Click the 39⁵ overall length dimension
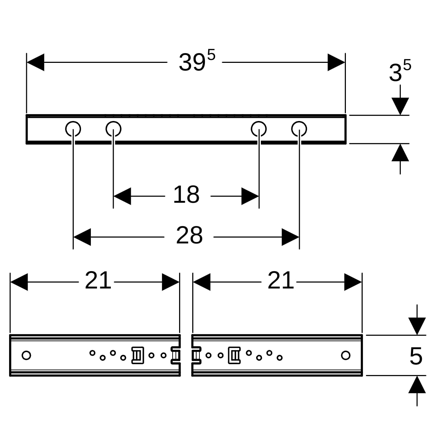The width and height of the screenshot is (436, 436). click(x=197, y=61)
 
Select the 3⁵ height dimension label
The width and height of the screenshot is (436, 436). click(x=400, y=70)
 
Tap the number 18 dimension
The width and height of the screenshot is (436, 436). click(x=186, y=194)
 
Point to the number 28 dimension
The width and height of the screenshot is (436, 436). click(x=189, y=235)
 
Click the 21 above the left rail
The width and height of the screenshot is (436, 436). click(x=98, y=280)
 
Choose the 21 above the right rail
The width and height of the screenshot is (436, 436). click(x=280, y=280)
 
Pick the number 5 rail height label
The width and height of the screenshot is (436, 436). click(x=416, y=356)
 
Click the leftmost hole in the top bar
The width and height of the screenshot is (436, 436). click(x=73, y=129)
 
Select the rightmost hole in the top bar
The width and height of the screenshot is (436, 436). click(x=299, y=129)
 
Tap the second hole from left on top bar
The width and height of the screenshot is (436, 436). click(x=113, y=129)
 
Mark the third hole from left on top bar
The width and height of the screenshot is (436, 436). click(x=259, y=129)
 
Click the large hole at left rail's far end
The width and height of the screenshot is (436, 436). click(x=26, y=355)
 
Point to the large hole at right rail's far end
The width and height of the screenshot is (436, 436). click(x=346, y=355)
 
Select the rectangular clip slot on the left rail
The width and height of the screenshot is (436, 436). click(x=138, y=355)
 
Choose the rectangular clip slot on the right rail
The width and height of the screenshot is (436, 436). click(x=234, y=355)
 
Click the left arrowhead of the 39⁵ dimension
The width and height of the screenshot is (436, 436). click(x=36, y=62)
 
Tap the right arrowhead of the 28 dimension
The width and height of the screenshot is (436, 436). click(x=290, y=237)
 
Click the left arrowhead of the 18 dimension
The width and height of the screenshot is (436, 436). click(x=122, y=196)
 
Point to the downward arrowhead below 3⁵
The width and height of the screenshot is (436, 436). click(x=400, y=106)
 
